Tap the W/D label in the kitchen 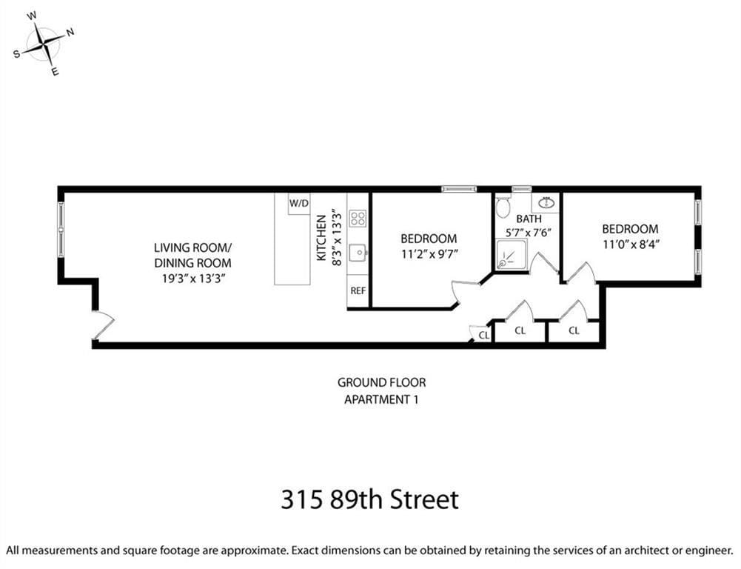coord(299,203)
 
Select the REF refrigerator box coord(358,291)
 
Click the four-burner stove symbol coord(358,218)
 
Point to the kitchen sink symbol coord(358,253)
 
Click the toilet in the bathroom coord(503,207)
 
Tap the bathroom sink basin coord(546,202)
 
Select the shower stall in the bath coord(511,254)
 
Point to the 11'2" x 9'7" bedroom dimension coord(429,253)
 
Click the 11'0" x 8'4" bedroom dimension coord(629,244)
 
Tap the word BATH coord(529,219)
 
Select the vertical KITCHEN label coord(321,237)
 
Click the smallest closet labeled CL coord(483,335)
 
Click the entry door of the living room coord(102,325)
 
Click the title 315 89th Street coord(369,499)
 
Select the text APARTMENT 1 coord(381,400)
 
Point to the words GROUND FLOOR coord(381,383)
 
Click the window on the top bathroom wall coord(521,189)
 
